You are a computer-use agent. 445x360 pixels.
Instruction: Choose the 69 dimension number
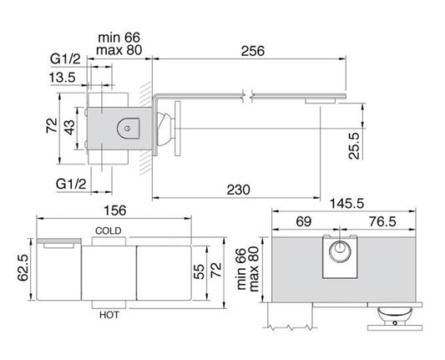pos(304,221)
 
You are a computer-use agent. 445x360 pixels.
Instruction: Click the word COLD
pos(109,230)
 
